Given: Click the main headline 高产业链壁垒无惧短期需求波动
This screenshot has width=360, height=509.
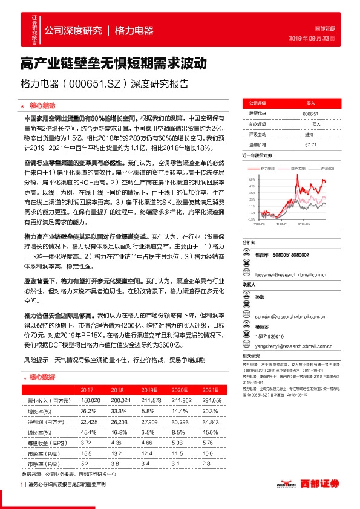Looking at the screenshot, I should [x=114, y=63].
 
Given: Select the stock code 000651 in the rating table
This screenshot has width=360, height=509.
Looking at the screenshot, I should [x=310, y=114].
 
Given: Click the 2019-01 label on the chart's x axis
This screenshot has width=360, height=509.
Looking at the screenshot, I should [x=281, y=222].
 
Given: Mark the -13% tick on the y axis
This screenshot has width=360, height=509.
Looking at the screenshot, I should [x=252, y=219].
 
